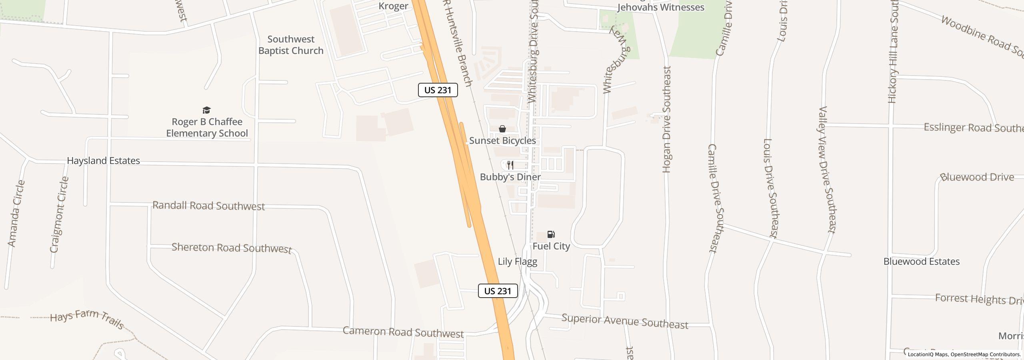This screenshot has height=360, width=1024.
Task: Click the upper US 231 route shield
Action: point(438,90)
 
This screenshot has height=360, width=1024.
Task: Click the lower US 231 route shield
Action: point(498,291)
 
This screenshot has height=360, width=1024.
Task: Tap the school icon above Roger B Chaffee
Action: point(206,110)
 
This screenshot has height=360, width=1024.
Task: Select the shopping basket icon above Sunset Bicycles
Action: point(502,129)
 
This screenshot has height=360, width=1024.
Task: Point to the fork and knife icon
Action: point(510,165)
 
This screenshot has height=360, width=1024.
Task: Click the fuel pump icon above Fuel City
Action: point(551,234)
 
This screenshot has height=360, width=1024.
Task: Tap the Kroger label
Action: point(393,6)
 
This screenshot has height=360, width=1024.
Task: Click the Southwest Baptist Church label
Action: point(291,45)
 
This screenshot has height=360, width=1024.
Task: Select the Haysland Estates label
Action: point(103,161)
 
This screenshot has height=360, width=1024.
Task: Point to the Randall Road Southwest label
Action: point(208,206)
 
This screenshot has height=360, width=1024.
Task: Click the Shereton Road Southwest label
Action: point(232,248)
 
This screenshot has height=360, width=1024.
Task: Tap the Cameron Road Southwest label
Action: point(403,332)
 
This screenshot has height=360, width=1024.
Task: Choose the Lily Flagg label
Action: point(517,262)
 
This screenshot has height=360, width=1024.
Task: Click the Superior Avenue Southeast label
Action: point(625,321)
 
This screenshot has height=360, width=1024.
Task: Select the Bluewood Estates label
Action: point(921,262)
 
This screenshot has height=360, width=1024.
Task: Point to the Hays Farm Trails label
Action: point(87,319)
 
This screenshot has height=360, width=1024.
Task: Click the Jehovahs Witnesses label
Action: point(660,7)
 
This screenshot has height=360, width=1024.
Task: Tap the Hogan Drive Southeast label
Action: point(666,119)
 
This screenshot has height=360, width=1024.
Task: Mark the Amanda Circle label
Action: point(16,214)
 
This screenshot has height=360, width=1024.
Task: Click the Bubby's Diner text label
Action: point(510,177)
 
